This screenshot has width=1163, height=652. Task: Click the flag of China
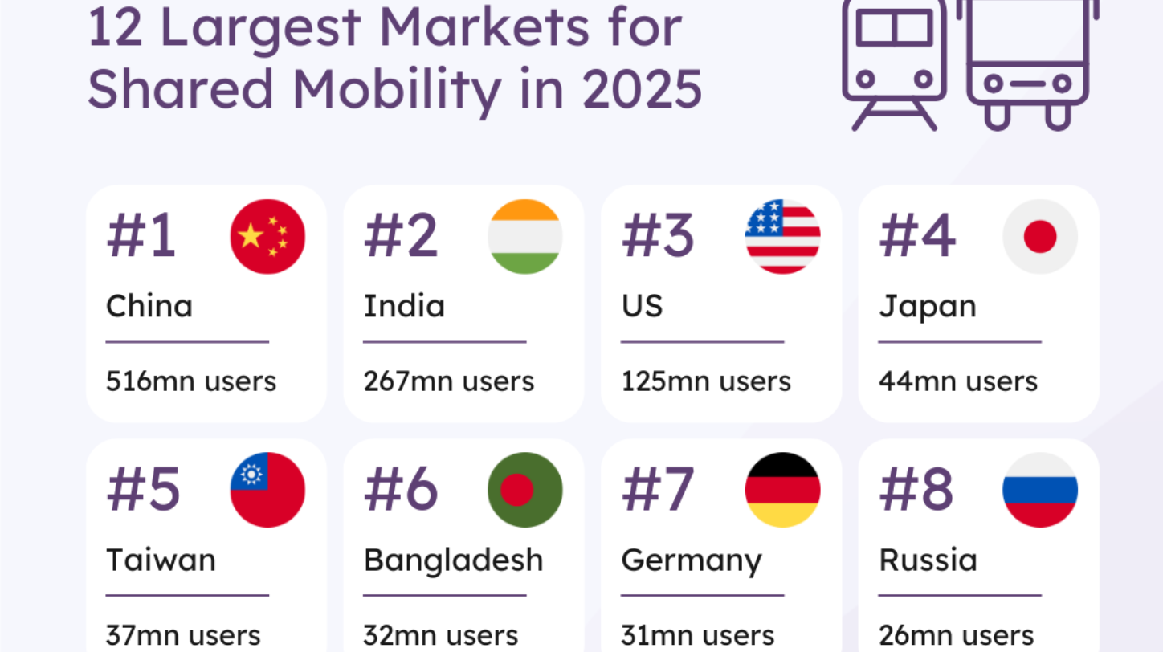pyautogui.click(x=267, y=237)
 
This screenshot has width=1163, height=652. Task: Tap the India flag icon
pyautogui.click(x=525, y=237)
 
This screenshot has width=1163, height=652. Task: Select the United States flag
pyautogui.click(x=782, y=237)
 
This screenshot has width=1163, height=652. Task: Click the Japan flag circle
pyautogui.click(x=1040, y=237)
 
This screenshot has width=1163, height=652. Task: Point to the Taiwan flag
pyautogui.click(x=267, y=490)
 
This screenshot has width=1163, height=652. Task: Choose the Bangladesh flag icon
pyautogui.click(x=525, y=490)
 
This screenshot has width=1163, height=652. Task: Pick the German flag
pyautogui.click(x=782, y=490)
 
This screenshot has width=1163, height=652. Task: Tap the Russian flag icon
pyautogui.click(x=1040, y=490)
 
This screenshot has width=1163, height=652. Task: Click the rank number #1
pyautogui.click(x=141, y=236)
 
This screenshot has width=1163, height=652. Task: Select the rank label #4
pyautogui.click(x=917, y=236)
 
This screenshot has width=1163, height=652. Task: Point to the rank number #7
pyautogui.click(x=659, y=489)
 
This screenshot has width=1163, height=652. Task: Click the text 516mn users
pyautogui.click(x=191, y=381)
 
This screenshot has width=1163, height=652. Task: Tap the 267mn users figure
pyautogui.click(x=449, y=381)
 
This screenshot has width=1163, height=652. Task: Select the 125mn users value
pyautogui.click(x=706, y=381)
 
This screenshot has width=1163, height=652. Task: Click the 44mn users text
pyautogui.click(x=958, y=381)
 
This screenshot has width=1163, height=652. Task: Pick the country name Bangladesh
pyautogui.click(x=454, y=560)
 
